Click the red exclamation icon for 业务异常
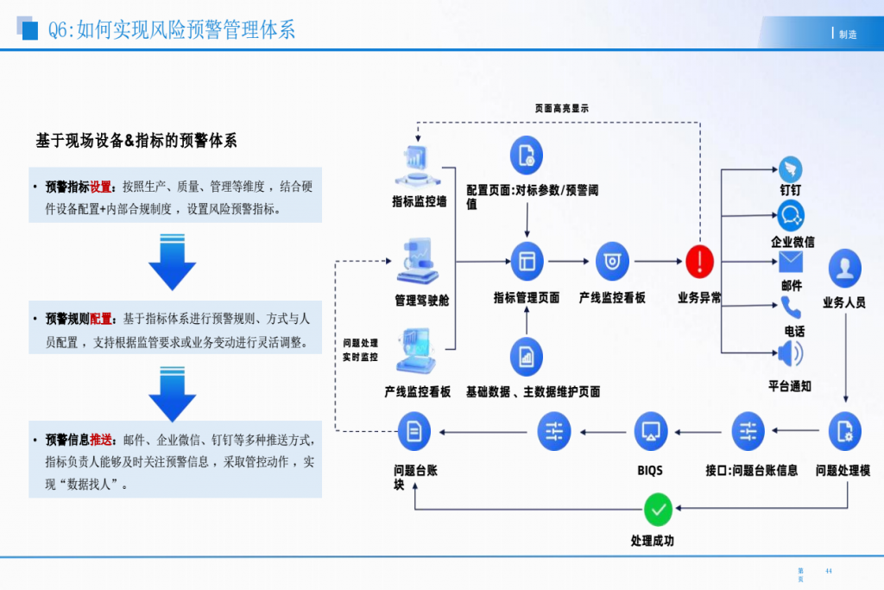click(x=699, y=260)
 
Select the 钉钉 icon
click(x=790, y=169)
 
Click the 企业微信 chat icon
click(x=790, y=214)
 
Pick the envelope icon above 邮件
click(x=791, y=261)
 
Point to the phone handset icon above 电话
click(x=791, y=307)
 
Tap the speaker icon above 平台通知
click(x=790, y=354)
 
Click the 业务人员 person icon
click(x=844, y=268)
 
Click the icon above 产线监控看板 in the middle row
click(x=612, y=260)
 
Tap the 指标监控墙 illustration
click(x=419, y=168)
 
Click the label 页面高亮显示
click(x=561, y=109)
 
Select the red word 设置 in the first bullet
click(x=101, y=187)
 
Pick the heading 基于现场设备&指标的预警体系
click(x=136, y=141)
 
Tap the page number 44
click(x=829, y=571)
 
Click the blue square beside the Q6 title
click(x=30, y=31)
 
